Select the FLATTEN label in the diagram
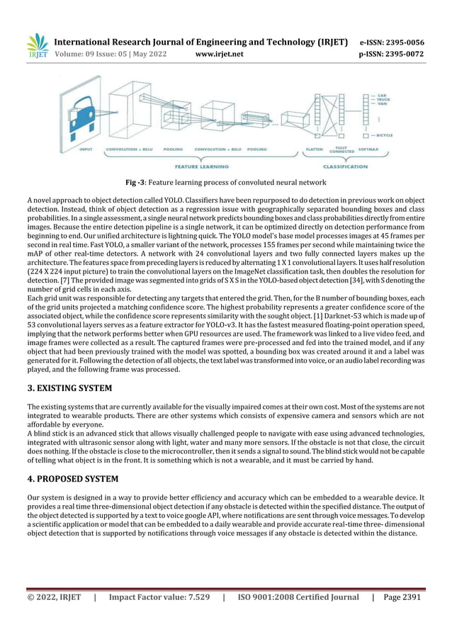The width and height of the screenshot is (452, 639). tap(315, 149)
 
